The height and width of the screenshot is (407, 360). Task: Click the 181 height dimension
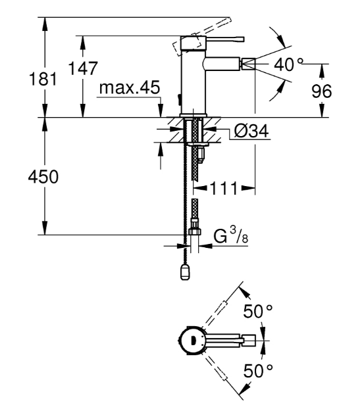[x=43, y=79]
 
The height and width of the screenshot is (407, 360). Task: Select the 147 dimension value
[x=83, y=68]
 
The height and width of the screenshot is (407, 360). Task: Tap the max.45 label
[x=130, y=87]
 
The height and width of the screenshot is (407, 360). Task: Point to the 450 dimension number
[x=43, y=177]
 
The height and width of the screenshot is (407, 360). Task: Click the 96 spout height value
[x=322, y=91]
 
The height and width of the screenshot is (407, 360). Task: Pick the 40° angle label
[x=288, y=64]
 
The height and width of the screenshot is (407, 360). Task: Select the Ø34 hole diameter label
[x=251, y=131]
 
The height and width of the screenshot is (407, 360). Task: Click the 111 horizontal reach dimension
[x=224, y=188]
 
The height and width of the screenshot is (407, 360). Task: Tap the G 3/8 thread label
[x=230, y=235]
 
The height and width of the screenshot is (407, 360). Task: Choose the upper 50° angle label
[x=258, y=311]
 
